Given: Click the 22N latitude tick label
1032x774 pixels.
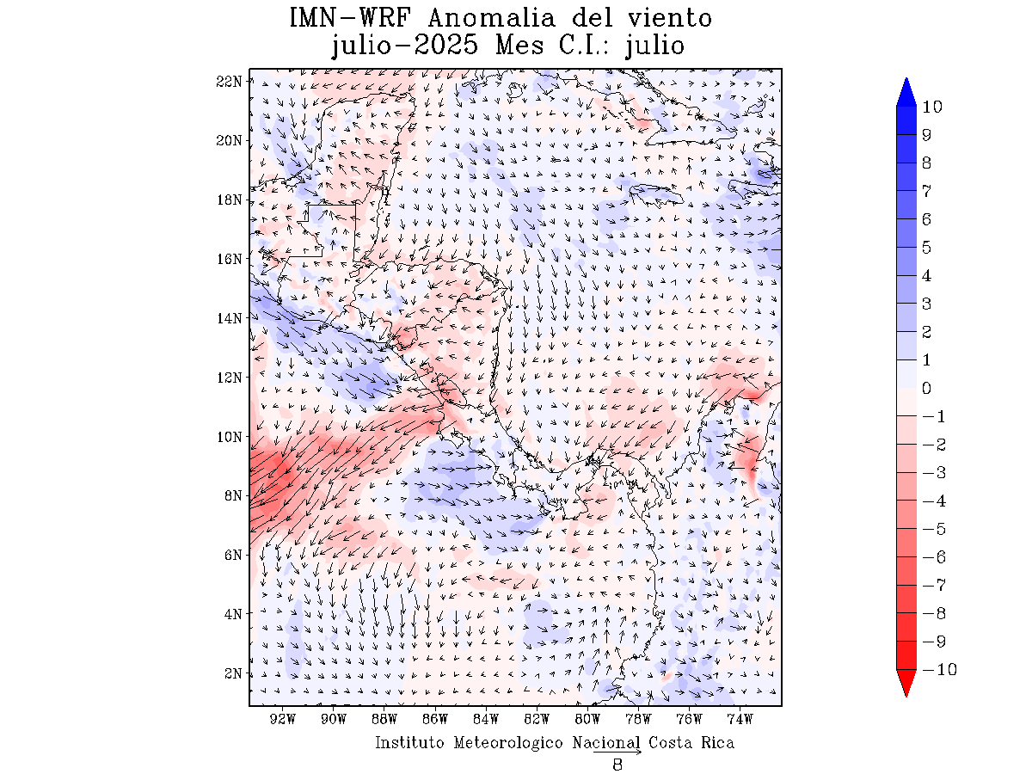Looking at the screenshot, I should [230, 81].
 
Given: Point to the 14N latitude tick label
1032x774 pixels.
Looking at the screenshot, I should [230, 318].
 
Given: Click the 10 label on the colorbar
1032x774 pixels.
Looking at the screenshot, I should [931, 107].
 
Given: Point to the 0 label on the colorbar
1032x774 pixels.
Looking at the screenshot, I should [926, 389].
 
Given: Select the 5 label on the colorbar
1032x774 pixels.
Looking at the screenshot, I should [926, 248].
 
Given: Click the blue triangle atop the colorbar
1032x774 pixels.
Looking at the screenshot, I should [906, 92].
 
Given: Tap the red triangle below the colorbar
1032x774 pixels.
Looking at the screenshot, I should [906, 683].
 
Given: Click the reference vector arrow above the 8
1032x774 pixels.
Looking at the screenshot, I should [617, 752].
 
